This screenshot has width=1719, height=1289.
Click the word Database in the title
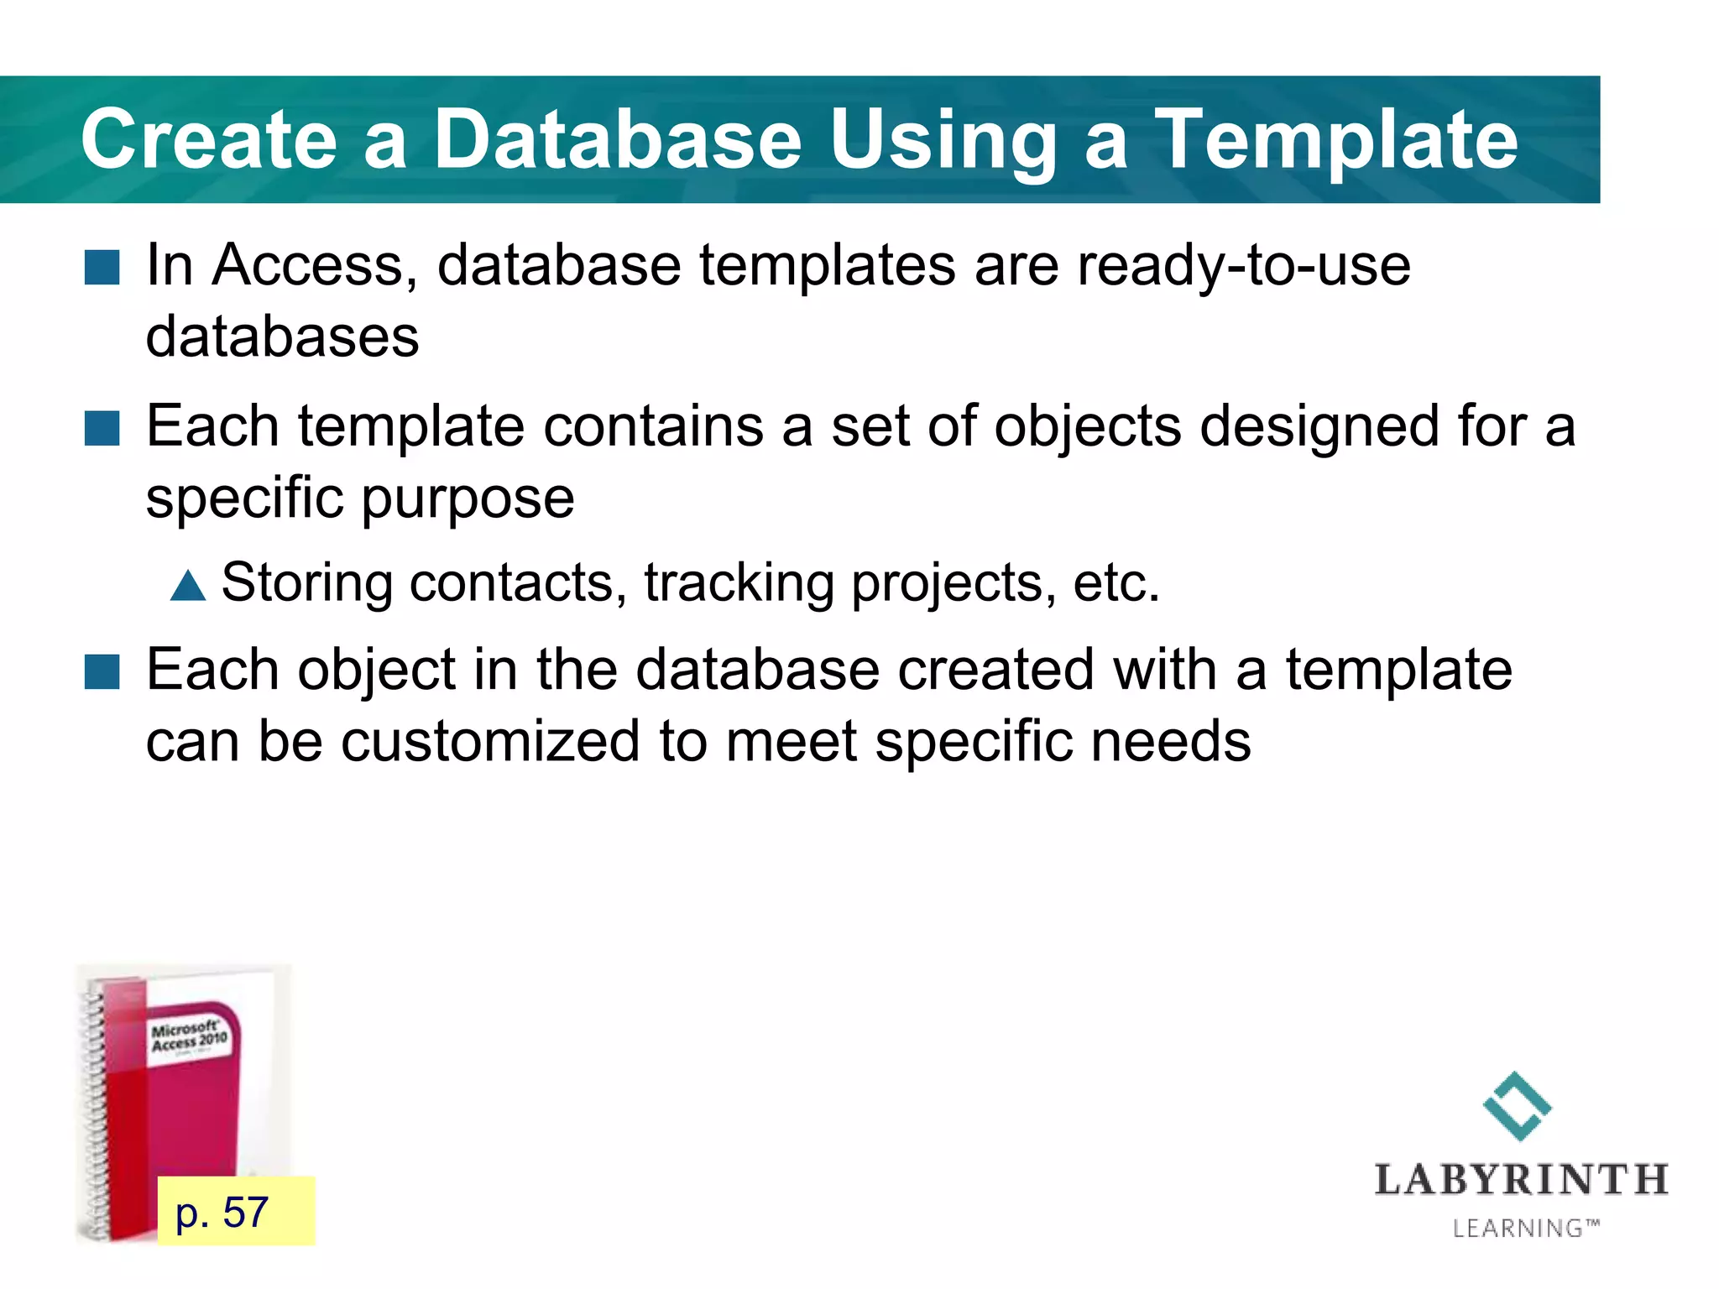pyautogui.click(x=617, y=140)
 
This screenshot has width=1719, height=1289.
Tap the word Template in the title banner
pyautogui.click(x=1336, y=140)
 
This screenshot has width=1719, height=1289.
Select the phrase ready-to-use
pyautogui.click(x=1243, y=265)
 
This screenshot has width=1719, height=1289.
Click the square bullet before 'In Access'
pyautogui.click(x=102, y=268)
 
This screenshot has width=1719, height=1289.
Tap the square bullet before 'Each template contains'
pyautogui.click(x=102, y=428)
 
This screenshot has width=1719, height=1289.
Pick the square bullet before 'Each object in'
pyautogui.click(x=102, y=672)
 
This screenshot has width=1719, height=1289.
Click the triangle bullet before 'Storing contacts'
pyautogui.click(x=188, y=585)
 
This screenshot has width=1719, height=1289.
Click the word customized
pyautogui.click(x=490, y=742)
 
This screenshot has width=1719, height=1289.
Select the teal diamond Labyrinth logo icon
pyautogui.click(x=1517, y=1106)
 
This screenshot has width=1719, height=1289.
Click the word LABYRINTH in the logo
pyautogui.click(x=1521, y=1180)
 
